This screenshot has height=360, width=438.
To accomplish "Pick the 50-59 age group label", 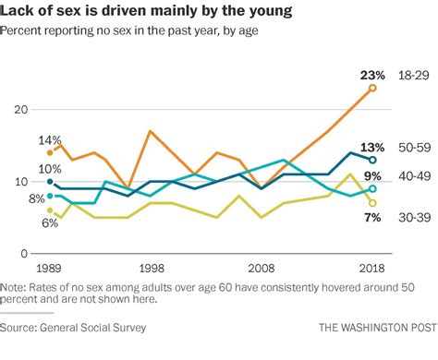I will (x=414, y=147).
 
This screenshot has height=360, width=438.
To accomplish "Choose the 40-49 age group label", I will (x=414, y=175).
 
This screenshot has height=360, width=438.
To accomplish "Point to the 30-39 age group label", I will (x=414, y=217).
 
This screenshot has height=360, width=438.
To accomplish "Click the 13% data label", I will (x=372, y=147).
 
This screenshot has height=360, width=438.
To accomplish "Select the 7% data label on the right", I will (x=372, y=218).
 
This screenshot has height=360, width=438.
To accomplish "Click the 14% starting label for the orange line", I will (x=50, y=140).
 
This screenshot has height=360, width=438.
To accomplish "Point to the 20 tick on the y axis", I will (x=19, y=110).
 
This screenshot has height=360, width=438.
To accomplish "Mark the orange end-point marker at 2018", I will (x=372, y=89).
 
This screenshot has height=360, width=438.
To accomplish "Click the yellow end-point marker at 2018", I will (x=372, y=203).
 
